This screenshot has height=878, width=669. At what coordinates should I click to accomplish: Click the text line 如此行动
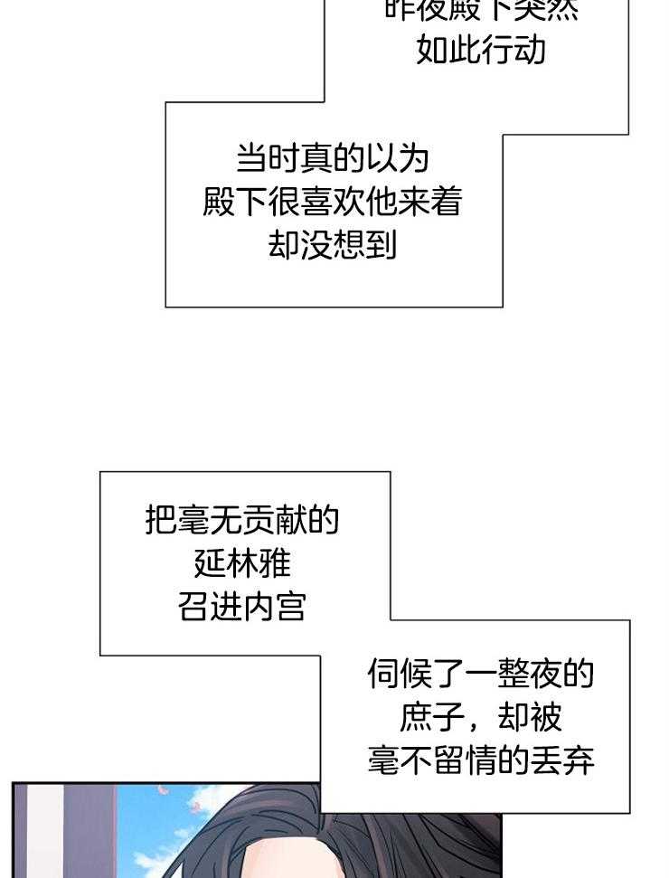click(x=481, y=50)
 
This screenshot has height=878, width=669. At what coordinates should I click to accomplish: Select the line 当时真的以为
click(x=333, y=159)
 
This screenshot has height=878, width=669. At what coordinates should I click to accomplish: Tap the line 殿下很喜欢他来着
click(x=333, y=202)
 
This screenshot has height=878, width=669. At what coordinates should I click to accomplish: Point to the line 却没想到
click(x=333, y=244)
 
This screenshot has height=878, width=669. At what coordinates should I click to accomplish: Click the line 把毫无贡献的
click(x=242, y=520)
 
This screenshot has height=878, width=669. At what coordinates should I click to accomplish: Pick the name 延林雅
click(x=242, y=563)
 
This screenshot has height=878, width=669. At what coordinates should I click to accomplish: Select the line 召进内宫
click(x=242, y=607)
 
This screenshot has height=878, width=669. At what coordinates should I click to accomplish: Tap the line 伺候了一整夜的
click(x=481, y=674)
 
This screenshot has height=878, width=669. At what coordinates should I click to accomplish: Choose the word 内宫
click(x=275, y=607)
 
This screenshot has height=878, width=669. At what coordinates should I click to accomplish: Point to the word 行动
click(x=514, y=50)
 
